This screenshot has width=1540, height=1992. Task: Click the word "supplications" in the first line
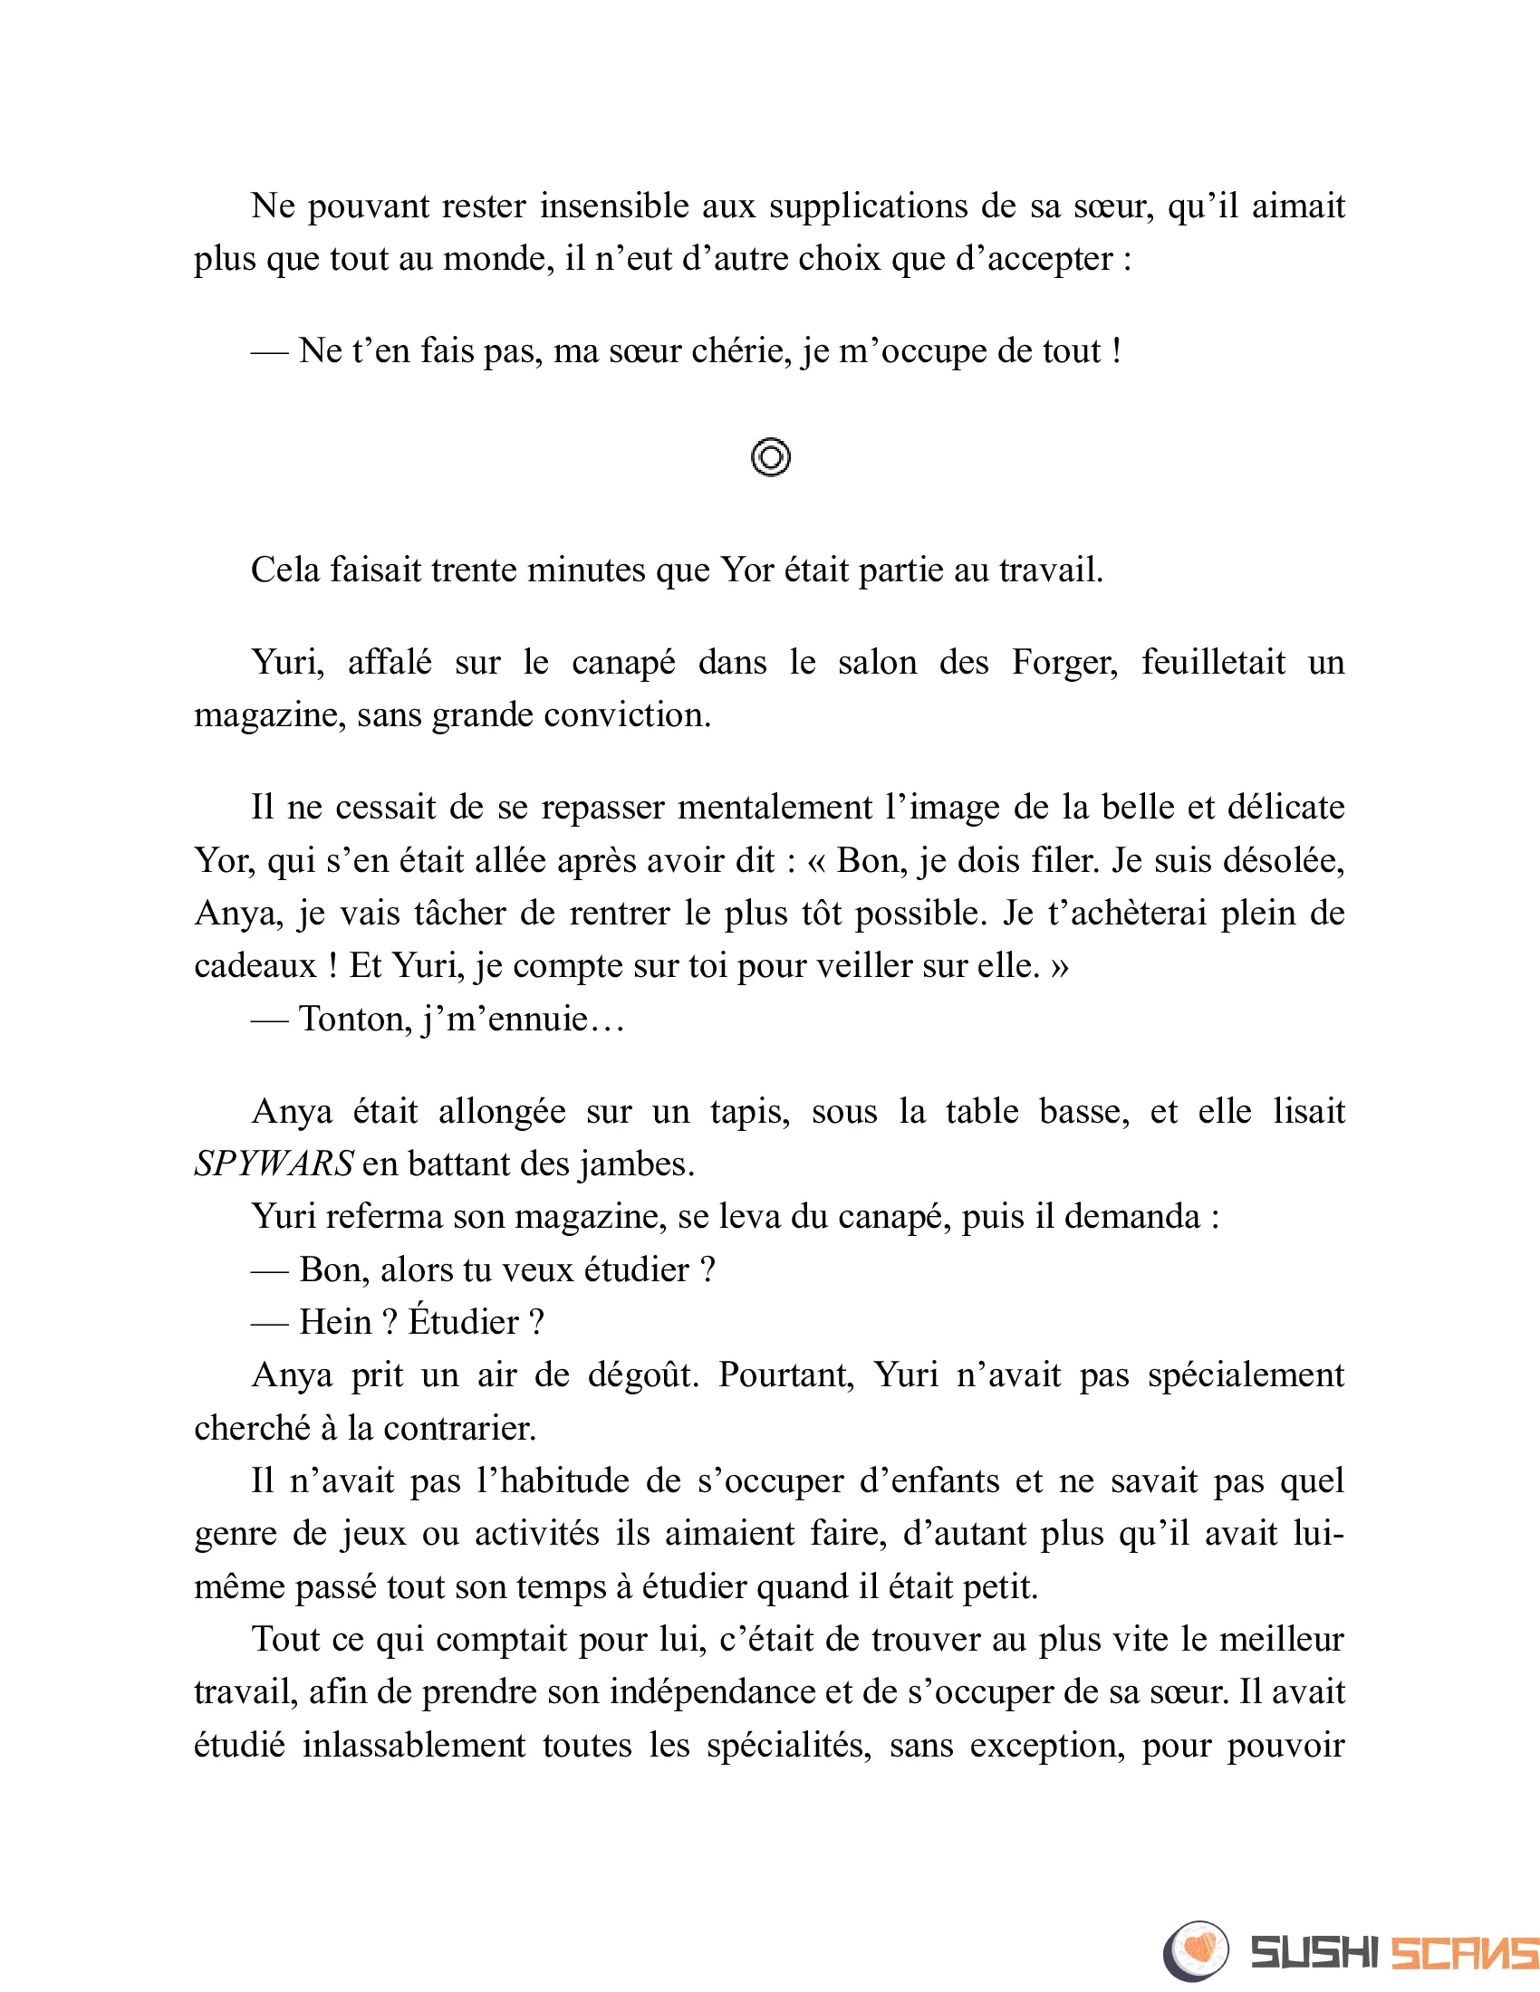point(868,206)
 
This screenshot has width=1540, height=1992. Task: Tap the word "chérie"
point(742,351)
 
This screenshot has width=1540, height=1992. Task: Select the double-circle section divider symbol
point(770,457)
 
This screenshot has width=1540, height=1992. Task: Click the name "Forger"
point(1064,662)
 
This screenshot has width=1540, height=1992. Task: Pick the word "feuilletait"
point(1213,662)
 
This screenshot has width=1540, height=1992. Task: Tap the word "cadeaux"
point(255,966)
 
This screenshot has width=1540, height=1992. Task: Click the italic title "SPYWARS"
point(274,1164)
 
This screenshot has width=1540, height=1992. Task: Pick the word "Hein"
point(335,1323)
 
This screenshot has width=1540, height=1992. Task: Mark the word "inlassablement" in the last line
point(413,1746)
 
